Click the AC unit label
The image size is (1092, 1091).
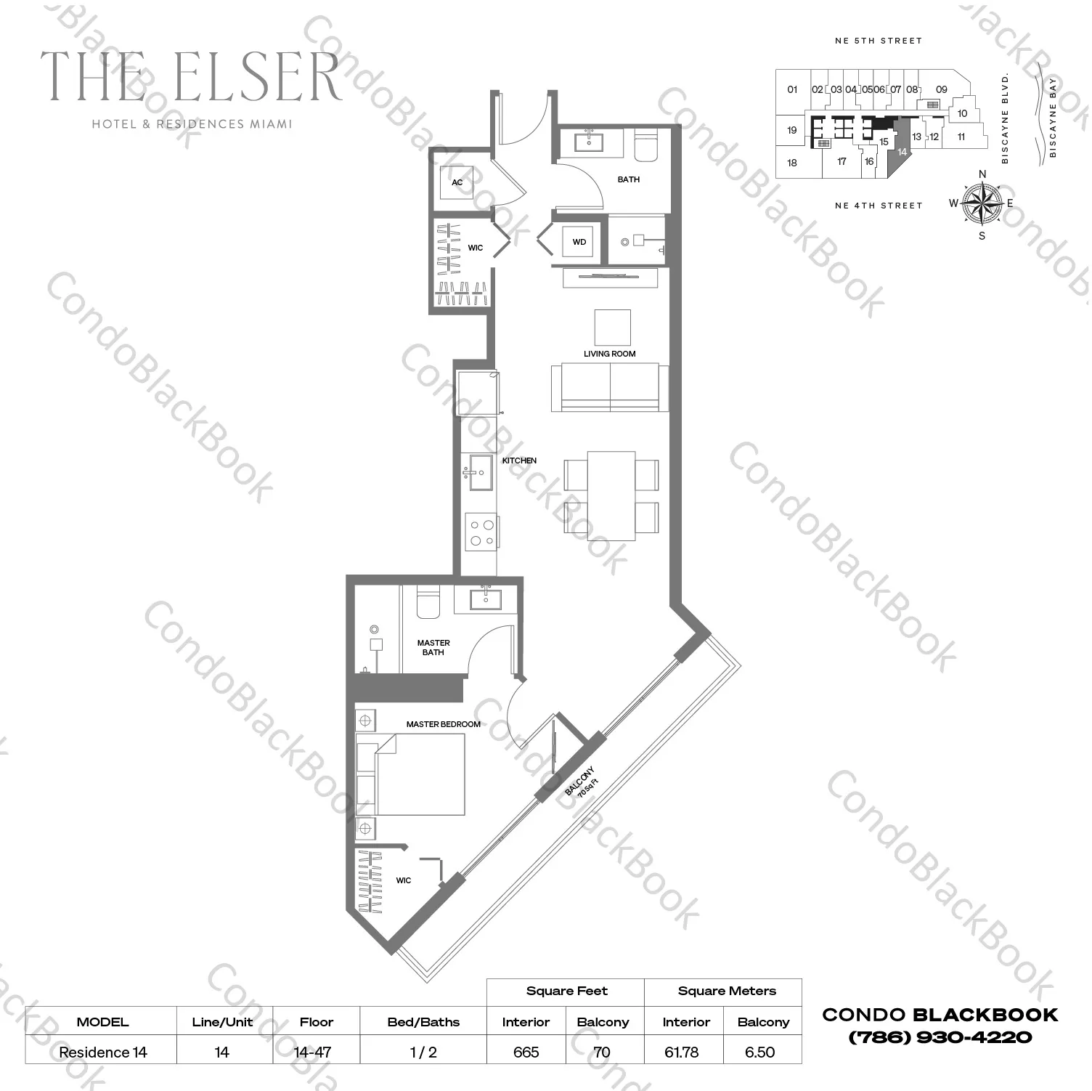457,182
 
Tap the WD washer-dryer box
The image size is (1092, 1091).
579,242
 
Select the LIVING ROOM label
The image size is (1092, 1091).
609,354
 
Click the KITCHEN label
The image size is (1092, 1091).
519,461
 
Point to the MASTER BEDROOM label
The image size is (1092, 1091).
443,724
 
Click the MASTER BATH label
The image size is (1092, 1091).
433,647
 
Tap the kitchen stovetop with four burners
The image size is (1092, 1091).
481,532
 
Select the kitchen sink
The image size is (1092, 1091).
480,472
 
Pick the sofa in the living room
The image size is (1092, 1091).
610,387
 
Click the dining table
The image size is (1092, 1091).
611,495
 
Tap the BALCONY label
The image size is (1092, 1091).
581,782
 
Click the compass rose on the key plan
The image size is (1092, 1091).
982,203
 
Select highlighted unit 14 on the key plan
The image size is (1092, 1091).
902,150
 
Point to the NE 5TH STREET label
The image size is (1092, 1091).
878,41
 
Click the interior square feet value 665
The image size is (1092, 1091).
526,1052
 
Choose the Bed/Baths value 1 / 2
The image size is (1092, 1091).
423,1052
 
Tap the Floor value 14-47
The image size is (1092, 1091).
313,1052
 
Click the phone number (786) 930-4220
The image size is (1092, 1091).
940,1037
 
